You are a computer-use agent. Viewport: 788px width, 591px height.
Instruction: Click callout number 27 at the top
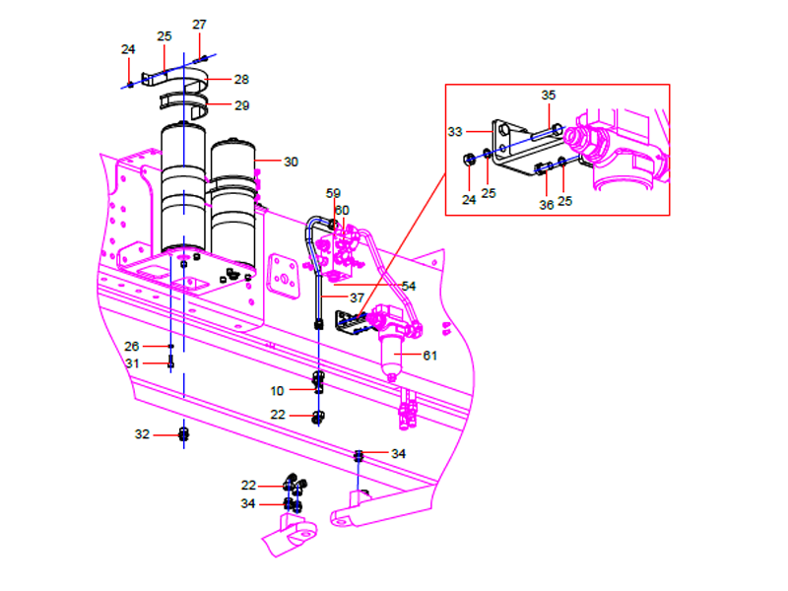point(199,24)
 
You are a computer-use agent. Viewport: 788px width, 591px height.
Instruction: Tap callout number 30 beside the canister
point(291,162)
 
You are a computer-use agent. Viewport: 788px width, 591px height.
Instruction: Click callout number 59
point(333,194)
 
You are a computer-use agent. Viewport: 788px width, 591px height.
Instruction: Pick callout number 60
point(342,210)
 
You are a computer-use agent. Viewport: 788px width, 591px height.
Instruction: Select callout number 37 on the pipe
point(356,297)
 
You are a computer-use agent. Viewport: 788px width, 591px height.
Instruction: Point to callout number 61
point(430,356)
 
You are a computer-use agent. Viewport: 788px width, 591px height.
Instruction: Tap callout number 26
point(132,346)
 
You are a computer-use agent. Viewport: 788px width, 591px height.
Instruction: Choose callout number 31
point(132,363)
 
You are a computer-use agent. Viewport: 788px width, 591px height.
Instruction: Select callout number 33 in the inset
point(454,130)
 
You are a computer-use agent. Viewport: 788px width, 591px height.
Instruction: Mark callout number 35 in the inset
point(549,96)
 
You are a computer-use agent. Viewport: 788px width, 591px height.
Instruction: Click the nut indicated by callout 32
point(183,433)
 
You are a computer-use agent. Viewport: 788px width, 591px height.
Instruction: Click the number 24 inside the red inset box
point(469,199)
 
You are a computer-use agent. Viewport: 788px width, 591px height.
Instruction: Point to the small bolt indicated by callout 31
point(171,363)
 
